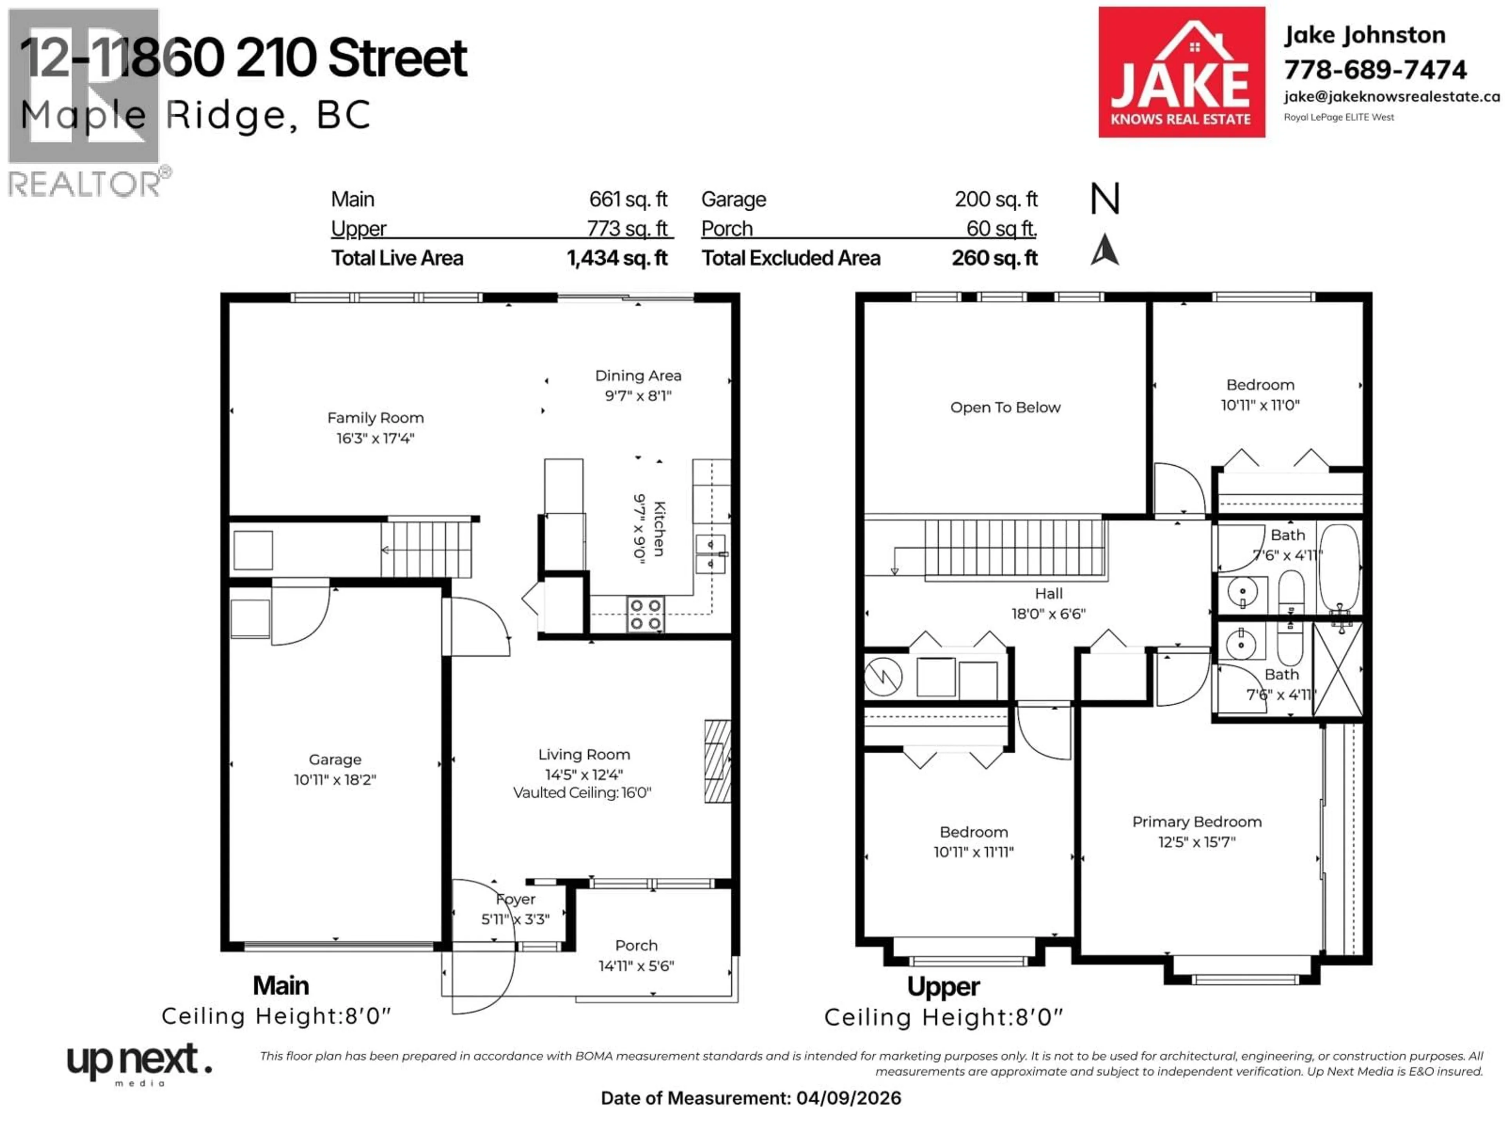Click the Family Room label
point(375,418)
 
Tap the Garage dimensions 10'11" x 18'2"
point(335,780)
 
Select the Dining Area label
point(638,376)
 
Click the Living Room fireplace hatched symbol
point(717,762)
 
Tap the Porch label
point(636,945)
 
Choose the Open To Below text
point(1005,408)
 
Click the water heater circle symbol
point(883,677)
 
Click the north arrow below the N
point(1104,250)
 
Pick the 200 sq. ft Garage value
point(995,200)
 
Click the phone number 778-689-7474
point(1374,69)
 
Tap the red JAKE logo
point(1181,72)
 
